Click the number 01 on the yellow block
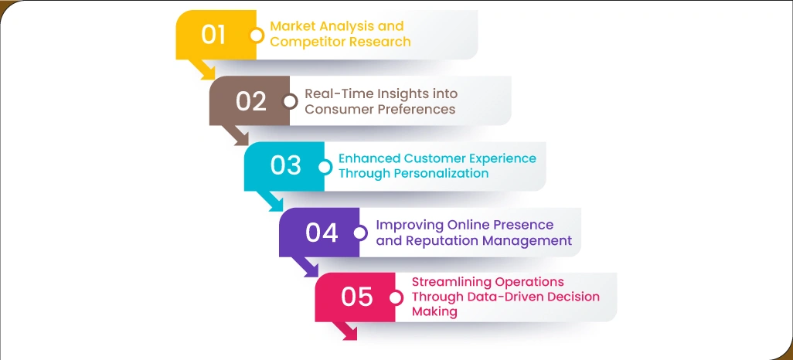click(x=213, y=35)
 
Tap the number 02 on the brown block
click(x=251, y=101)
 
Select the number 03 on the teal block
click(x=286, y=166)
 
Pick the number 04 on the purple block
click(x=322, y=232)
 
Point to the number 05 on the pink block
click(x=356, y=297)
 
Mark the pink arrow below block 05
click(x=344, y=331)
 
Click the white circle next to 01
click(x=257, y=35)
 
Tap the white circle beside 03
click(x=325, y=166)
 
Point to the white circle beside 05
click(x=396, y=297)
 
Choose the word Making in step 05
click(x=434, y=311)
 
